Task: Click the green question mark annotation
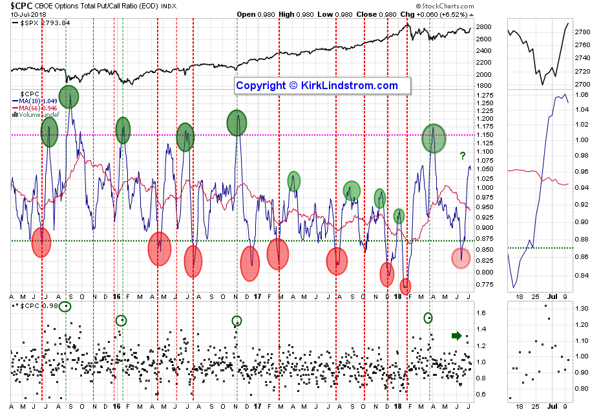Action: [x=462, y=155]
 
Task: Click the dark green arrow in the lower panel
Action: [x=456, y=335]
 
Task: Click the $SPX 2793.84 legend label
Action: [x=45, y=23]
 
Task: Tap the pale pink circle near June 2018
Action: [x=460, y=258]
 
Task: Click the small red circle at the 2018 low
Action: [x=406, y=285]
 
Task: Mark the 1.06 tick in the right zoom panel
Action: [x=582, y=94]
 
